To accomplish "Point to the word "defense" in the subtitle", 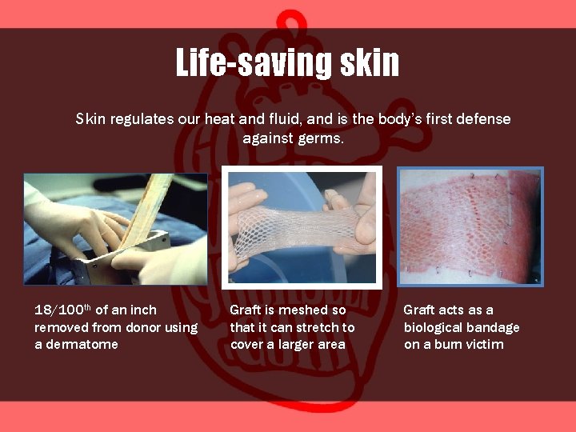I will pyautogui.click(x=479, y=119).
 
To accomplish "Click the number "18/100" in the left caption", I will pyautogui.click(x=61, y=310).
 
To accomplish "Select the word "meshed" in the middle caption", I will pyautogui.click(x=303, y=310).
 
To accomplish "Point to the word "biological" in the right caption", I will pyautogui.click(x=433, y=327).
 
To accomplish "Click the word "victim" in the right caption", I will pyautogui.click(x=485, y=345).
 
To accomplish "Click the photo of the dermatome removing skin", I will pyautogui.click(x=115, y=229).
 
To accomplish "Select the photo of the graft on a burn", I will pyautogui.click(x=470, y=226).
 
